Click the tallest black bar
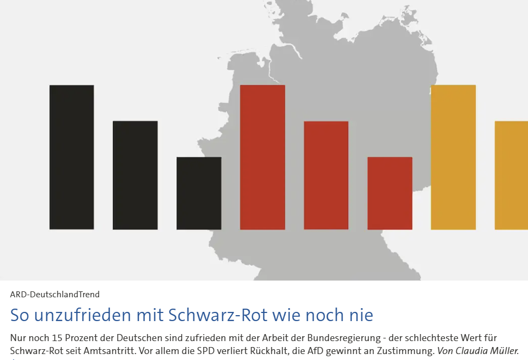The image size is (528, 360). [x=71, y=157]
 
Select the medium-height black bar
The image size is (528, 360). [x=135, y=175]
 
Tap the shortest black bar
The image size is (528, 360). [x=199, y=193]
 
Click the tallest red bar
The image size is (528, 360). [x=263, y=157]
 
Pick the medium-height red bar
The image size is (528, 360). [x=326, y=175]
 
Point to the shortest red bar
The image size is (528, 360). [x=390, y=193]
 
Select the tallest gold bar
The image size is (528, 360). [x=453, y=157]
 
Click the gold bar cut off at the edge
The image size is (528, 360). [x=512, y=175]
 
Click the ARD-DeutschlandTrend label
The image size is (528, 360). [x=55, y=295]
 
